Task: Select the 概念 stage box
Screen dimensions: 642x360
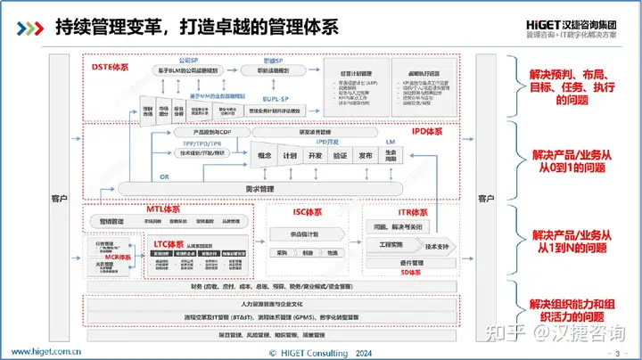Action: (264, 154)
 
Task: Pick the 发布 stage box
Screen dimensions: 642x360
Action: (365, 154)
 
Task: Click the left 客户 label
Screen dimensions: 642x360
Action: (59, 198)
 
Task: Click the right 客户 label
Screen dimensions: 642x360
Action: (485, 198)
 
